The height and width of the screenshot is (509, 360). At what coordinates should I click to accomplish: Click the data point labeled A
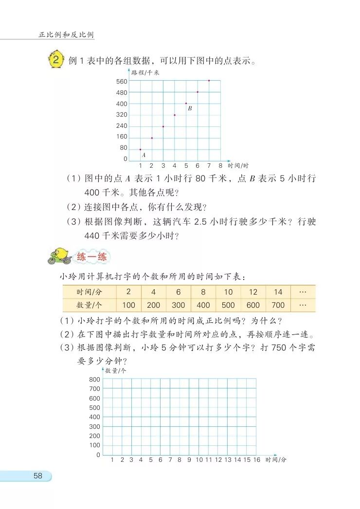pos(140,149)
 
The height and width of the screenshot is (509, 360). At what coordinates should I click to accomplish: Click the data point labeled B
pos(186,103)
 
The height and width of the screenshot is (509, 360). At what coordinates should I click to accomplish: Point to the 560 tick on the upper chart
pos(122,81)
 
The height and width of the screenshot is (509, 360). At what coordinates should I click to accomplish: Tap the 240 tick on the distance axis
pos(122,126)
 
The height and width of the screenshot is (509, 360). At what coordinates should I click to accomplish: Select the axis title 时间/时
pos(238,165)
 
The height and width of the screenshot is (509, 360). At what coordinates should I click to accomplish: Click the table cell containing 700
pos(278,305)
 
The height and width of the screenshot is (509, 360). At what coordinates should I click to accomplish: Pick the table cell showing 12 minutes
pos(253,292)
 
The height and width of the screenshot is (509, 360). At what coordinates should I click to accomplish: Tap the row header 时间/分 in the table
pos(90,292)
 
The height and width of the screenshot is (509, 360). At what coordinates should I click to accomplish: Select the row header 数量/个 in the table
pos(90,305)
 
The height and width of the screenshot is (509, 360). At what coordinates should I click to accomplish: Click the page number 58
pos(38,476)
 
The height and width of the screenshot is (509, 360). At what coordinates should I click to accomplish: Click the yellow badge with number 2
pos(57,61)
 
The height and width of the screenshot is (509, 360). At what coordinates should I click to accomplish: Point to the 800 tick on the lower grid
pos(95,379)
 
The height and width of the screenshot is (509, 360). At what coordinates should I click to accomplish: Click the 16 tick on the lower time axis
pos(256,459)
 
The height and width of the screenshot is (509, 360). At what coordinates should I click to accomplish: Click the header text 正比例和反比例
pos(67,35)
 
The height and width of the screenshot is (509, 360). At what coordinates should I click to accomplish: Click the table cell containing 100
pos(129,305)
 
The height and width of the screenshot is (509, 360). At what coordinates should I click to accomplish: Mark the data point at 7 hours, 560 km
pos(209,81)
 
